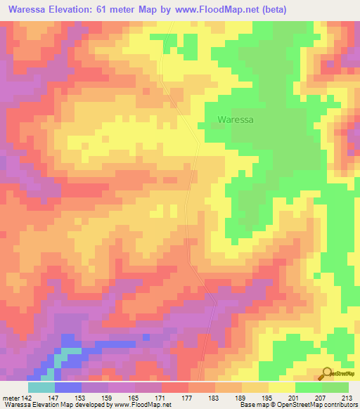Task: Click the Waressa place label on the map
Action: (x=236, y=119)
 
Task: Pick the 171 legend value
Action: (x=162, y=397)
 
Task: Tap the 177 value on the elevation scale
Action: (x=188, y=397)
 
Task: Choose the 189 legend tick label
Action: (x=242, y=397)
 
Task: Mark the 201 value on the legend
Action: (x=295, y=397)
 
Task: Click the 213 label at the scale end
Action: (x=349, y=397)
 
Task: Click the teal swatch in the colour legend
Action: (x=41, y=387)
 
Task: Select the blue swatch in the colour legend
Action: (x=68, y=387)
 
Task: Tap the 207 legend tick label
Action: (x=322, y=397)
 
